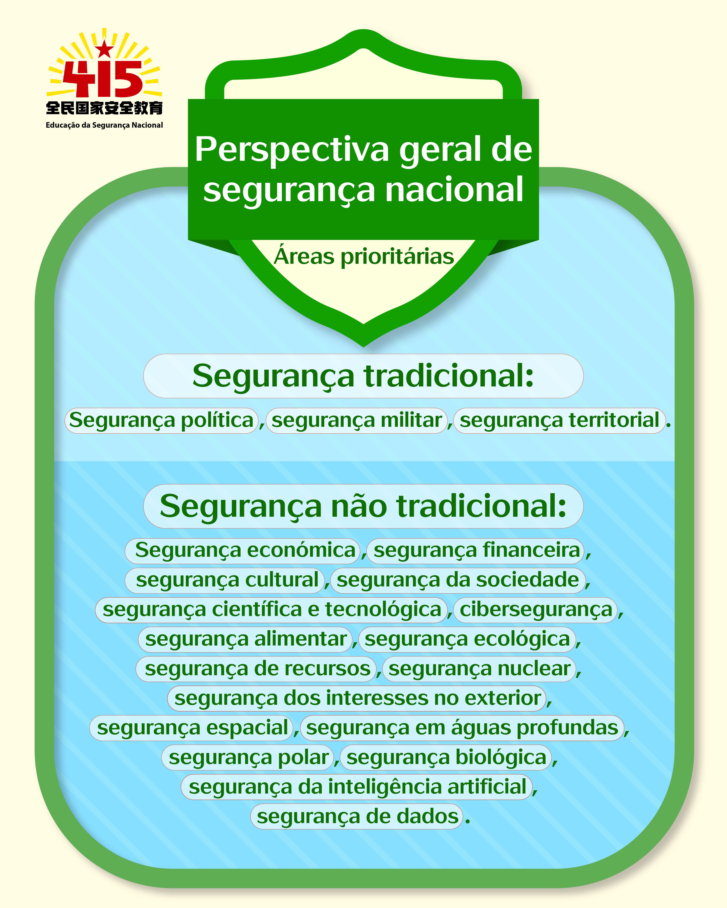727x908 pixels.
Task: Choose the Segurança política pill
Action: click(161, 420)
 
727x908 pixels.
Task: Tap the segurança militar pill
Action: click(357, 420)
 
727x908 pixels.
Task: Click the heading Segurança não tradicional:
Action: click(363, 506)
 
